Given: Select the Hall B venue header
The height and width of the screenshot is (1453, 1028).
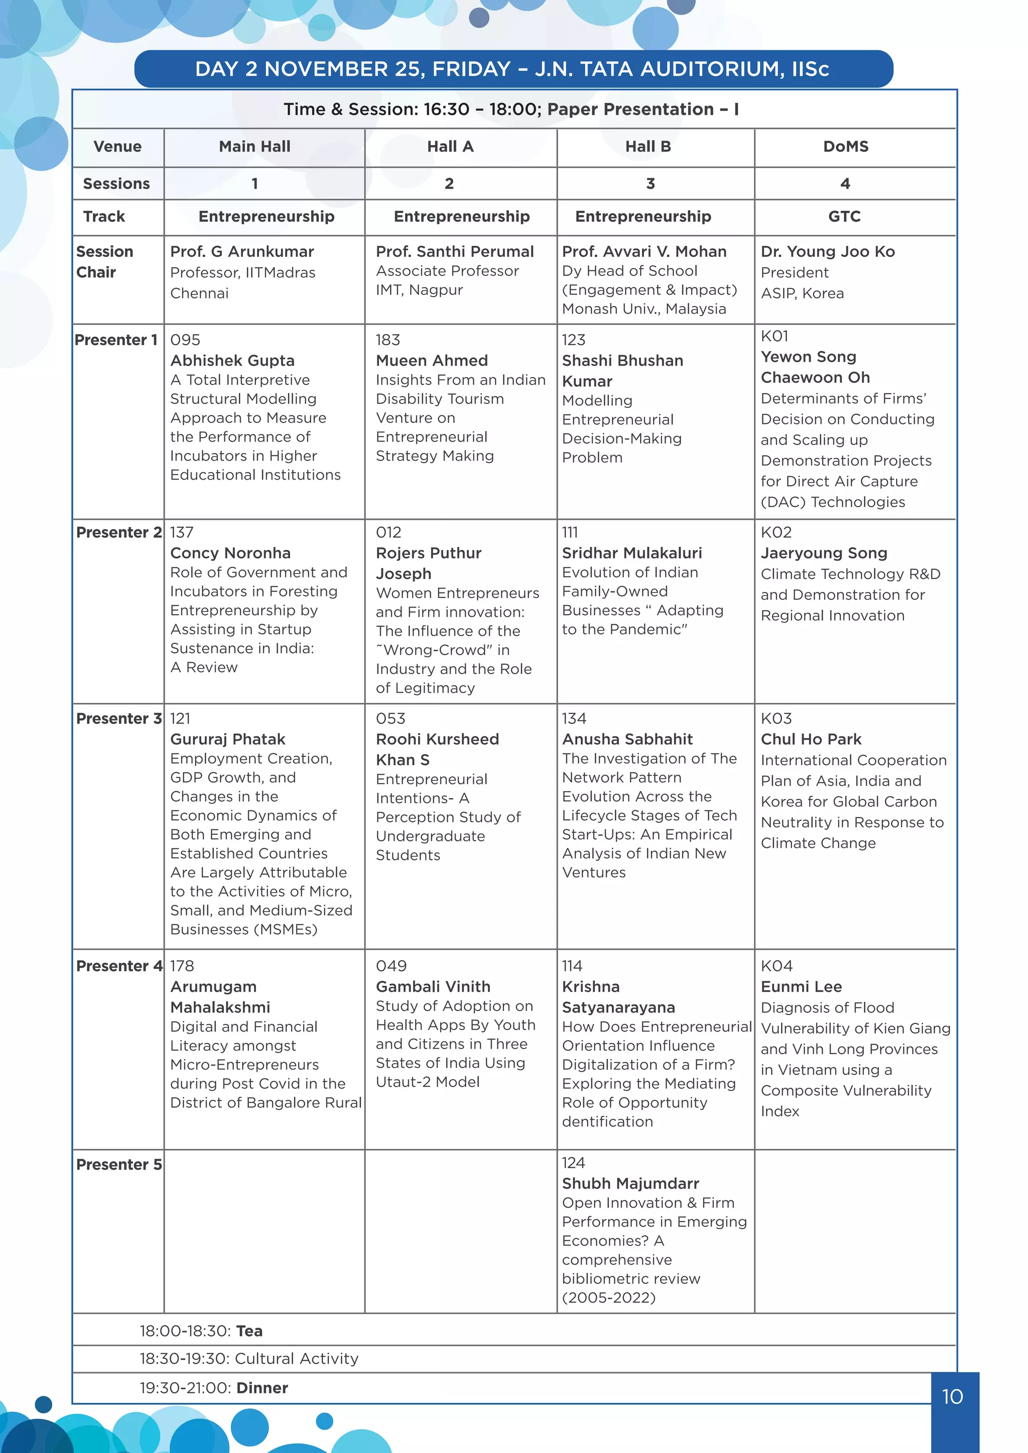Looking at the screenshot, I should pyautogui.click(x=648, y=147).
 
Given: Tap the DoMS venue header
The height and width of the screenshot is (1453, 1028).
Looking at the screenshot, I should pyautogui.click(x=845, y=147).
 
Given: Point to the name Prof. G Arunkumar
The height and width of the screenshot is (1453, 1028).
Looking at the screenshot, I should pyautogui.click(x=242, y=252).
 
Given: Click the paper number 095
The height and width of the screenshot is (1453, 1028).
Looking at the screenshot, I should pyautogui.click(x=185, y=340).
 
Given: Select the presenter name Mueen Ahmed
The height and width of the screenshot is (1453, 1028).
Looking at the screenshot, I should pyautogui.click(x=431, y=361).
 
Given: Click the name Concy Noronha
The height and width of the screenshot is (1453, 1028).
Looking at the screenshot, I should pyautogui.click(x=230, y=553).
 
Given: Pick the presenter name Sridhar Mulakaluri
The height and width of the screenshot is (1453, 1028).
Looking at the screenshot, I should pyautogui.click(x=632, y=553).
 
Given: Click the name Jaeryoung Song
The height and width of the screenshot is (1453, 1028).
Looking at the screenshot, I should pyautogui.click(x=824, y=553).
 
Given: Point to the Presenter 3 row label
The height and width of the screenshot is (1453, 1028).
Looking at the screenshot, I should pyautogui.click(x=118, y=719).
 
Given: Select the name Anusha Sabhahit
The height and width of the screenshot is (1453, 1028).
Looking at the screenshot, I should pyautogui.click(x=626, y=739).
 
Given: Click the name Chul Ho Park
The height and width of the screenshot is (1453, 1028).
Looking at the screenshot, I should pyautogui.click(x=811, y=739).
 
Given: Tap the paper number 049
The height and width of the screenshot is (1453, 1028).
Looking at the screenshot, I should pyautogui.click(x=391, y=966).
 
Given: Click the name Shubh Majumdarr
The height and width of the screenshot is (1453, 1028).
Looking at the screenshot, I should pyautogui.click(x=630, y=1184).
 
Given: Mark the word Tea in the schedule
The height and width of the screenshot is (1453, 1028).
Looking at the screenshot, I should pyautogui.click(x=249, y=1331).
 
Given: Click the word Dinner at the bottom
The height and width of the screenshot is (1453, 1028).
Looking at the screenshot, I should pyautogui.click(x=262, y=1388).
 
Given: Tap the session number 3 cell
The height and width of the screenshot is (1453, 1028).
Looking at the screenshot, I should pyautogui.click(x=650, y=184).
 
